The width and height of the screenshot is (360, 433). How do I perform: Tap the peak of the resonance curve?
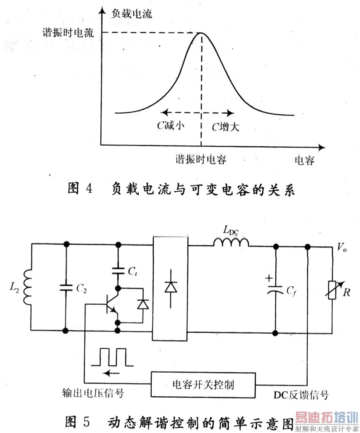201,34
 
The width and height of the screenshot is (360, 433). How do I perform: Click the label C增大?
225,126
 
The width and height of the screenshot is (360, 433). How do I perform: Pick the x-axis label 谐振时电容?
201,160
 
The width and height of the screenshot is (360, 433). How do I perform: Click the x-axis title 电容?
304,161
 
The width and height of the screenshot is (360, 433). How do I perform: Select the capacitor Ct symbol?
118,270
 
